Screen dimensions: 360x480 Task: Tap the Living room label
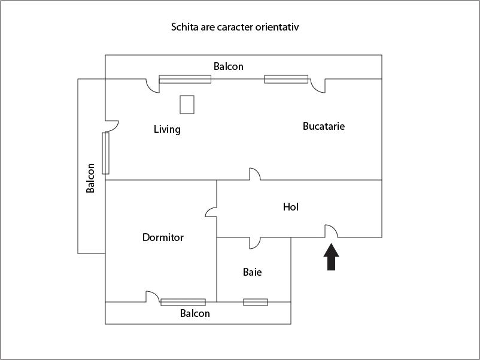point(167,129)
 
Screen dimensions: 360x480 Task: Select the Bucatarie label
point(324,126)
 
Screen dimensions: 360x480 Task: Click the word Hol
point(291,207)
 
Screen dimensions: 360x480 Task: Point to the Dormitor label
point(163,237)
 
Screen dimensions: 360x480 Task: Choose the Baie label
point(252,272)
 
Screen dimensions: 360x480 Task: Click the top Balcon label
point(229,66)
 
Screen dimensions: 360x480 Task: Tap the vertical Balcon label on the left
point(91,178)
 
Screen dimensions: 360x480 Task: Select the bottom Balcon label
point(195,313)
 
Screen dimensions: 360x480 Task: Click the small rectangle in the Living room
point(187,104)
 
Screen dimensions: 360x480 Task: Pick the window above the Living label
point(185,79)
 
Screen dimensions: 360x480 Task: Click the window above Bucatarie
point(286,79)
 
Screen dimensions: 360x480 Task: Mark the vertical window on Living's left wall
point(106,153)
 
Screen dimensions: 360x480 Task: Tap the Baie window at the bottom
point(256,302)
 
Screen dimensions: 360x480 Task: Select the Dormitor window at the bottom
point(183,302)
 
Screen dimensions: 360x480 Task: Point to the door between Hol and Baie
point(255,242)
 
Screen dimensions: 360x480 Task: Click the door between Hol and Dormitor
point(211,212)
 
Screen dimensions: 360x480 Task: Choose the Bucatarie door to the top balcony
point(318,86)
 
